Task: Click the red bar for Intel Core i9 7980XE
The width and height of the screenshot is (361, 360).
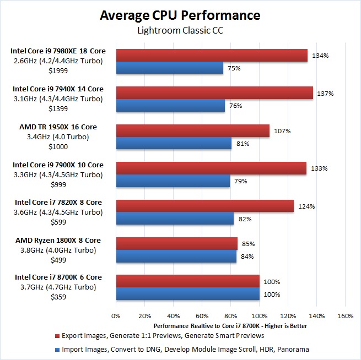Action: coord(212,55)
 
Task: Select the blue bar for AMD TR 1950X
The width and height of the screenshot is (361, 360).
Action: coord(174,144)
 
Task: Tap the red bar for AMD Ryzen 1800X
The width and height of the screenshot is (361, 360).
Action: coord(176,243)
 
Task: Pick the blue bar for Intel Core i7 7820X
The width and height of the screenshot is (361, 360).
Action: coord(175,219)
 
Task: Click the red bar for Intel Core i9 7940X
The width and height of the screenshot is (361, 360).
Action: coord(214,92)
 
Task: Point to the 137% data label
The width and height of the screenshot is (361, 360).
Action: coord(326,93)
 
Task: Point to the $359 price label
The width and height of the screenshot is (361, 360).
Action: coord(58,297)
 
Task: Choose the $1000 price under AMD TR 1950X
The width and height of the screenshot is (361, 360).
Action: coord(58,145)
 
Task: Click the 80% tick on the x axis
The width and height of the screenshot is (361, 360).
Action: coord(230,317)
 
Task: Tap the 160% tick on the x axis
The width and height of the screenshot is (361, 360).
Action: coord(345,317)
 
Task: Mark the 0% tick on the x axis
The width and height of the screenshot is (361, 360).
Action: coord(116,317)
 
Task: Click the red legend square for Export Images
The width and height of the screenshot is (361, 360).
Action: coord(57,335)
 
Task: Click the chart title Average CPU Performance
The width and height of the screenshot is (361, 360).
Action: coord(180,15)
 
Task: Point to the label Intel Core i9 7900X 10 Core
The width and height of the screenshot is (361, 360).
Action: coord(58,165)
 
